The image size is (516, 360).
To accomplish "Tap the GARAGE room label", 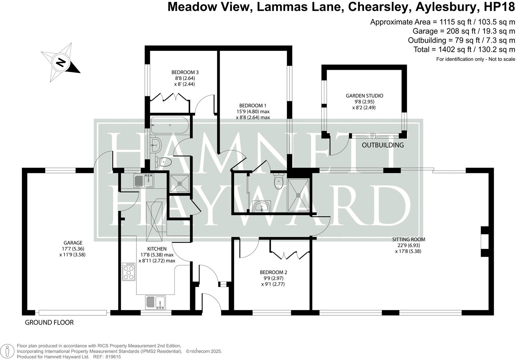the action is [73, 243].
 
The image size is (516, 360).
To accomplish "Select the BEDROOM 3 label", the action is [185, 72].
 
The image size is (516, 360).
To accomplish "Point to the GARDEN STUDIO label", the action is [364, 96].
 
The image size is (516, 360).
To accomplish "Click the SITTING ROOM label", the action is [409, 239].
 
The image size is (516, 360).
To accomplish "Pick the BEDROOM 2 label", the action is [273, 272].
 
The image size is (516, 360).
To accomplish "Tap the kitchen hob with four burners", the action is [129, 272].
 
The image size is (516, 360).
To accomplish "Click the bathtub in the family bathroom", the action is [170, 125].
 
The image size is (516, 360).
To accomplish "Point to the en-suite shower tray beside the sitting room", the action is [298, 195].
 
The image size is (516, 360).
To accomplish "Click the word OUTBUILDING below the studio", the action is [383, 145].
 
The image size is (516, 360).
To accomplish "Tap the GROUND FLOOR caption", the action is [49, 322].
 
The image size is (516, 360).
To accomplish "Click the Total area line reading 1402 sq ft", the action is [464, 49].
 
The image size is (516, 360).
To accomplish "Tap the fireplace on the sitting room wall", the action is [484, 245].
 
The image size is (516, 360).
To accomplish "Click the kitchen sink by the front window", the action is [155, 302].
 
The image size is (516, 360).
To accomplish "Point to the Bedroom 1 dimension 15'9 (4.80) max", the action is [253, 112].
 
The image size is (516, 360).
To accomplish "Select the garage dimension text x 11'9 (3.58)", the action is [72, 255].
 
